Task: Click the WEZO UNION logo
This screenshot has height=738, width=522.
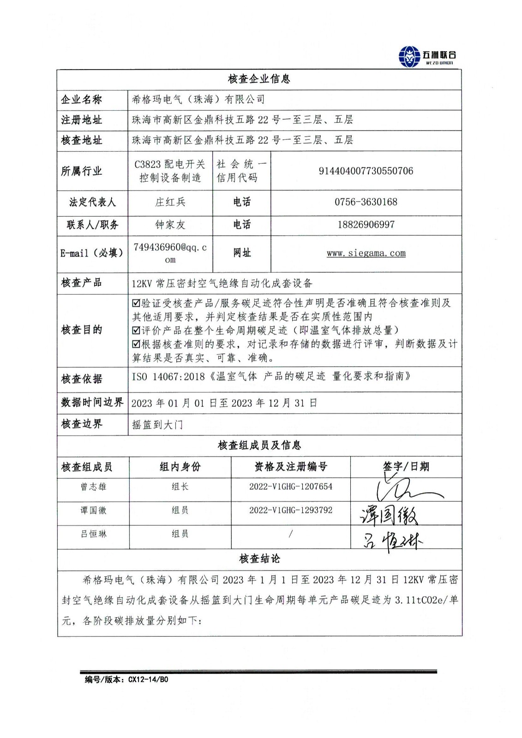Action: click(427, 57)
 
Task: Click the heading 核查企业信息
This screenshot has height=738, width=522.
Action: click(259, 79)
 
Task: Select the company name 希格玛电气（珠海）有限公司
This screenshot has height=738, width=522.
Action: click(198, 99)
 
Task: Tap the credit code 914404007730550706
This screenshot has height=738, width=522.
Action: click(366, 171)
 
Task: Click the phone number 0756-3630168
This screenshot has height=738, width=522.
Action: click(366, 202)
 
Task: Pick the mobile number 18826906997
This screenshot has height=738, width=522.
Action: click(366, 225)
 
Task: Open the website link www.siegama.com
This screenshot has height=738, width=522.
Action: click(366, 253)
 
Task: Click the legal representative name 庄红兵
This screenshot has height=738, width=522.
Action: click(170, 202)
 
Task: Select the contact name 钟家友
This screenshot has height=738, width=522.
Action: click(170, 225)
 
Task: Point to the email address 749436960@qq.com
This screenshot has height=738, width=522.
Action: click(170, 253)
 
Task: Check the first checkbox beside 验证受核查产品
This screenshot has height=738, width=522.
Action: click(136, 303)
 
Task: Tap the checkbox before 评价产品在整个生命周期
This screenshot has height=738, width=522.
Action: click(136, 330)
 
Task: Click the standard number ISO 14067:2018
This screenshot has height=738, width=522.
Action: click(168, 377)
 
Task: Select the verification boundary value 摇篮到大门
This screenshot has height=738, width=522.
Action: click(157, 424)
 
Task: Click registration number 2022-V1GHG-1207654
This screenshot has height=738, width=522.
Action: click(290, 487)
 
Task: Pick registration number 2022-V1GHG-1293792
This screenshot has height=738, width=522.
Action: click(290, 510)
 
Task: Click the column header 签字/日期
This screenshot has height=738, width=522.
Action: click(406, 466)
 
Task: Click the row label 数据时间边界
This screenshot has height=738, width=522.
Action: click(92, 402)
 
